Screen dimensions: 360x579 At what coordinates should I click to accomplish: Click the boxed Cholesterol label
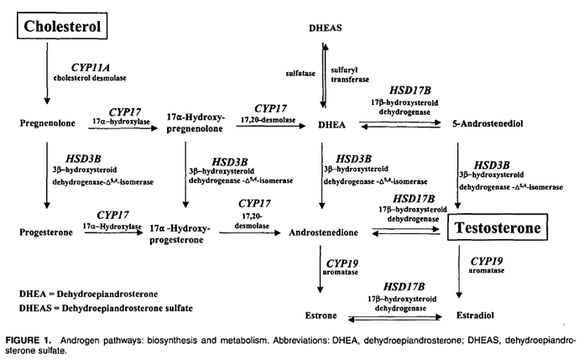click(63, 26)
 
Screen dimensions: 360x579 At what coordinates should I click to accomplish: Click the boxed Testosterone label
click(498, 227)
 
